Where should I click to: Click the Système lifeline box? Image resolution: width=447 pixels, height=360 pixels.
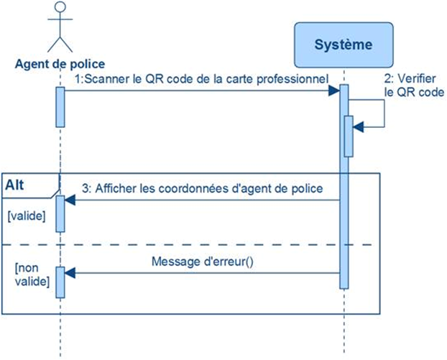(x=344, y=45)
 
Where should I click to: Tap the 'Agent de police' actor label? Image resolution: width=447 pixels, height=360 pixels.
(x=60, y=65)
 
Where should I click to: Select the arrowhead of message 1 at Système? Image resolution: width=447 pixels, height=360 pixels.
(x=335, y=91)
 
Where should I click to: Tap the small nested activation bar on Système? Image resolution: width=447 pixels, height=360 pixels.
(x=349, y=136)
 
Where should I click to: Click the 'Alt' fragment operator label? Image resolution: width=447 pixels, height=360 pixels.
(x=17, y=185)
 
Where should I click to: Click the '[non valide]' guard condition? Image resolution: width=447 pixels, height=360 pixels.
(x=29, y=274)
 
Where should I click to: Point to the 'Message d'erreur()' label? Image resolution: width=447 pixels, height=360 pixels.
(x=203, y=261)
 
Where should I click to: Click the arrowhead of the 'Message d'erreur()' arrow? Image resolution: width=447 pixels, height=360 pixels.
(x=70, y=273)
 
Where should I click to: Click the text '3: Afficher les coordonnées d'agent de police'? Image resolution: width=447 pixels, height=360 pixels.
(x=202, y=188)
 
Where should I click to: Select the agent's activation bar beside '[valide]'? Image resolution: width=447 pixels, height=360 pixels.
(x=60, y=212)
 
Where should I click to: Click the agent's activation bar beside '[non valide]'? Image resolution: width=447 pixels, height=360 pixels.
(x=60, y=281)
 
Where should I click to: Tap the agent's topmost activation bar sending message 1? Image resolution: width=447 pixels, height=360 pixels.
(x=60, y=106)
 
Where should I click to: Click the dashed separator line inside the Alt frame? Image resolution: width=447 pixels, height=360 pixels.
(x=216, y=245)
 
